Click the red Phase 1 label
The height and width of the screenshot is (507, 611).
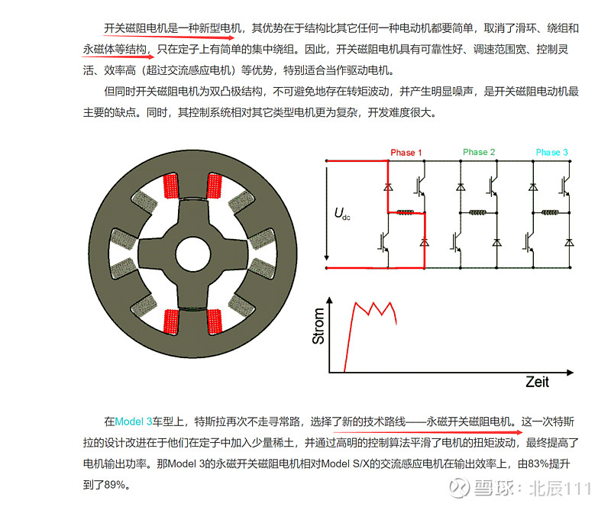coord(406,153)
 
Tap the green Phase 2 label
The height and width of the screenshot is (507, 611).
coord(479,152)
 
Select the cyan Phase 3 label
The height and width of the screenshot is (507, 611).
coord(551,152)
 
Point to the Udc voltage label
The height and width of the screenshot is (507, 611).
coord(342,214)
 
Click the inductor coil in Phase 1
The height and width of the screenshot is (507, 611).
coord(405,212)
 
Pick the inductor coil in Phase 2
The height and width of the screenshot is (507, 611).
coord(478,212)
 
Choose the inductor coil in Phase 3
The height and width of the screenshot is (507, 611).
coord(550,212)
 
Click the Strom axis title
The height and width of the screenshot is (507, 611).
coord(318,326)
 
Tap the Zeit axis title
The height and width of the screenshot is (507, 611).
coord(538,382)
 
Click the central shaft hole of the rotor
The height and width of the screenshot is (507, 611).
coord(193,254)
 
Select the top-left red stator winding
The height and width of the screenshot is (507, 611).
coord(170,186)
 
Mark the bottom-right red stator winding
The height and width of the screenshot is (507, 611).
coord(215,322)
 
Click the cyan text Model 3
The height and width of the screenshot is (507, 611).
coord(134,421)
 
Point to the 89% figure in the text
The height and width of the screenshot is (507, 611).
coord(115,485)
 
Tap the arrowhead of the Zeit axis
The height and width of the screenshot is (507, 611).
coord(570,373)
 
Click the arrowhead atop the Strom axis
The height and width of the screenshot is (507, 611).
coord(330,300)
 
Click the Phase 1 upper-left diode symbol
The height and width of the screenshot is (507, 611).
coord(388,186)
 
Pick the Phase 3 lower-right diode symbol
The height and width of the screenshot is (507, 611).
coord(569,242)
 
